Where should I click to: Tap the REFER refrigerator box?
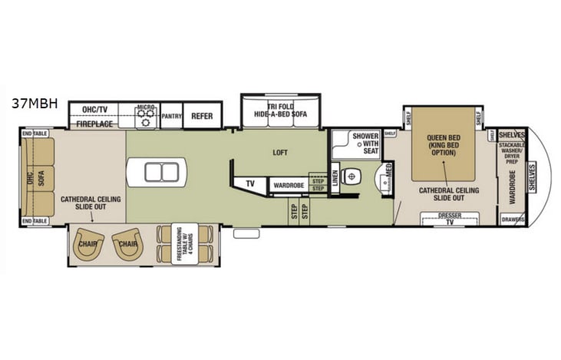[202, 116]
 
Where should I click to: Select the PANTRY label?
[170, 116]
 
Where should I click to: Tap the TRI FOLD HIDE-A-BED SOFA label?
[280, 110]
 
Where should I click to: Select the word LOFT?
[280, 152]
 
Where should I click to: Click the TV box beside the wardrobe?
[250, 184]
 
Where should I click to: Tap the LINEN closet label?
[335, 176]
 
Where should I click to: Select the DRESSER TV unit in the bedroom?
[445, 220]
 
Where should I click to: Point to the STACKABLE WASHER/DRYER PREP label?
[511, 153]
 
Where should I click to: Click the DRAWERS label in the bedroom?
[513, 219]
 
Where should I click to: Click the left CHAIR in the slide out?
[90, 243]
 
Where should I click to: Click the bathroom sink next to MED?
[381, 181]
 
